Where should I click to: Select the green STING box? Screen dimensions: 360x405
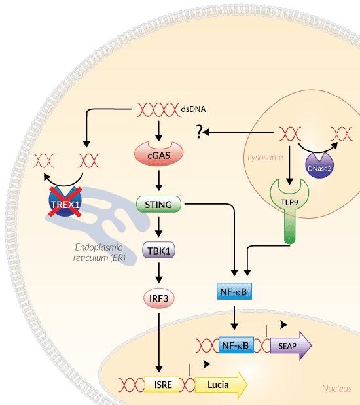coord(158,204)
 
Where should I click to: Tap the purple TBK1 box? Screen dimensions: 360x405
coord(158,251)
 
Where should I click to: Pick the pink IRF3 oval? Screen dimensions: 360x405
coord(158,298)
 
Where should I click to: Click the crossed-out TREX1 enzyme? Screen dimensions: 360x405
coord(65,202)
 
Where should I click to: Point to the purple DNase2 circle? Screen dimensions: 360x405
coord(319,166)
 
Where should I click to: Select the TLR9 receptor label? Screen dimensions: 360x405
coord(289,203)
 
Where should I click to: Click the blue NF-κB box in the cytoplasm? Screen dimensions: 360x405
coord(234,291)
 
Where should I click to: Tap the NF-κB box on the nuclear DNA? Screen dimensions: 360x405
coord(236,345)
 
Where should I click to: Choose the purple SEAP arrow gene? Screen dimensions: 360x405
coord(291,345)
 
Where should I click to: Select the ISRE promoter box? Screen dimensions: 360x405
coord(162,385)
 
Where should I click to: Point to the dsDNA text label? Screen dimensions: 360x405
coord(193,109)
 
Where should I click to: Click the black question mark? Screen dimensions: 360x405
coord(199,132)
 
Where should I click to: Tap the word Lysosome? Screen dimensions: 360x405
coord(265,157)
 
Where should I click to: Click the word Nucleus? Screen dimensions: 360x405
coord(336,389)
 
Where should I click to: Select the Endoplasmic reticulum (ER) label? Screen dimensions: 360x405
coord(99,253)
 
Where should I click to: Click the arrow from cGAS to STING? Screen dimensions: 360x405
coord(158,181)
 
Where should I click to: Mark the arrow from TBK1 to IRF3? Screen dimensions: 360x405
coord(158,273)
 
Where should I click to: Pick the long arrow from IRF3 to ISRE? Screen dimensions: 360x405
coord(158,343)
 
